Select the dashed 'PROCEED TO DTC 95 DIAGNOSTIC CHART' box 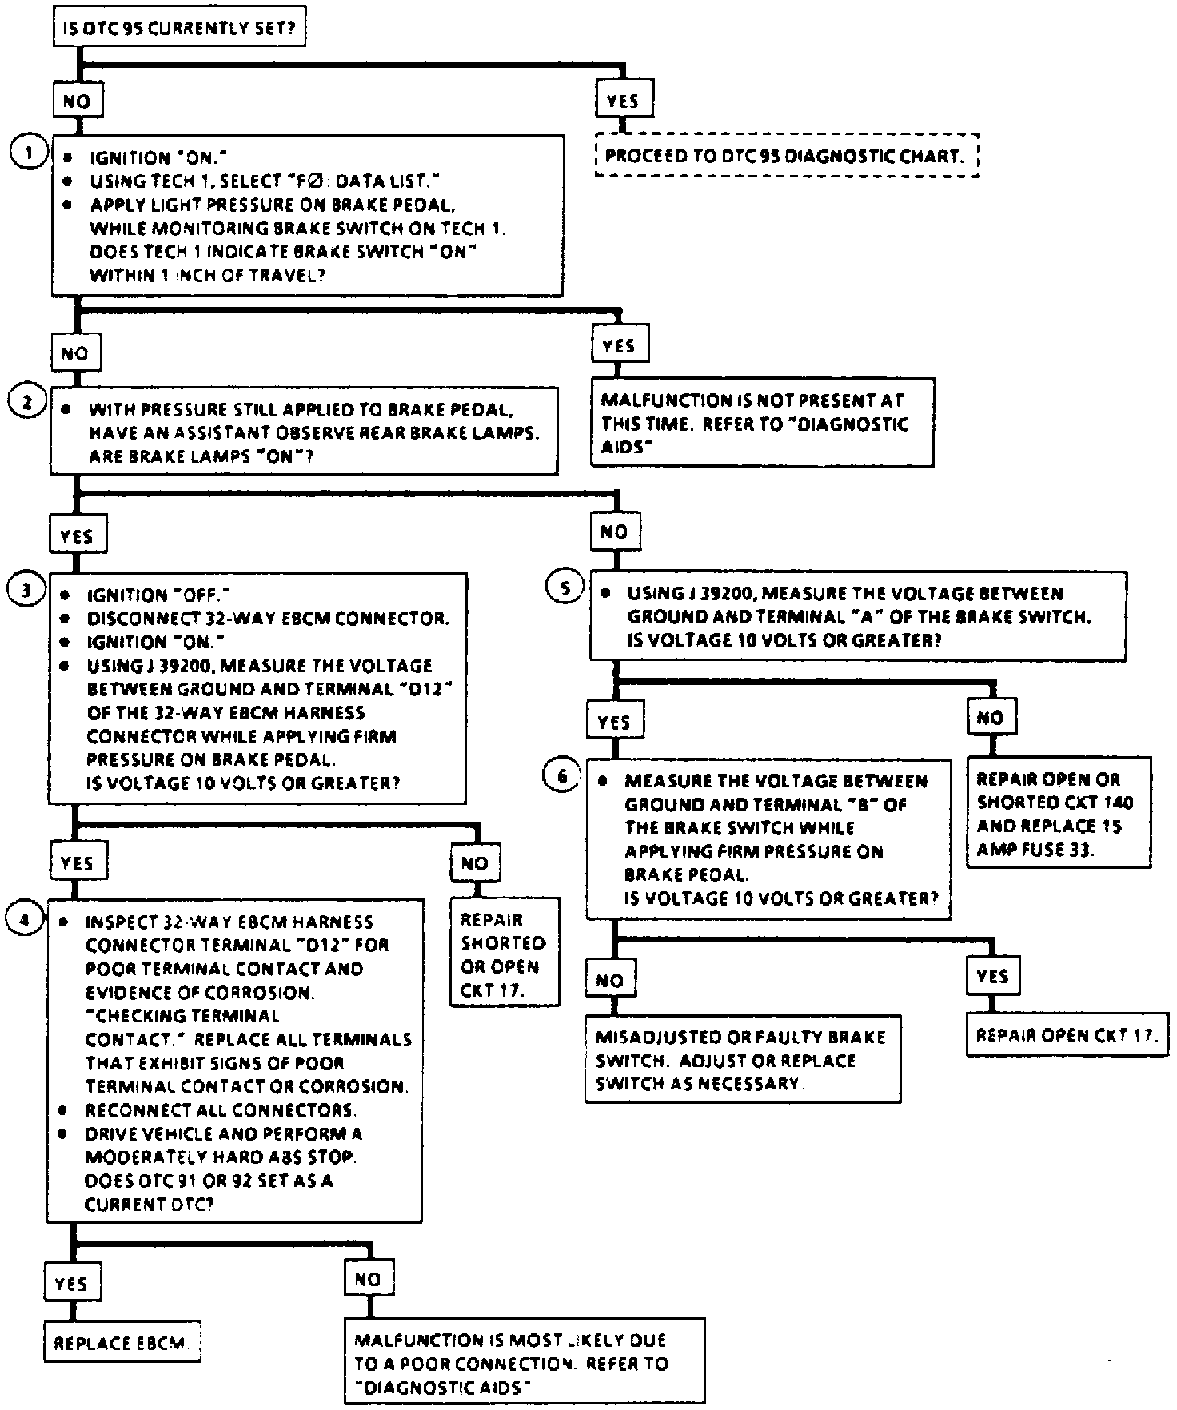point(787,155)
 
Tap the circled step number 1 point(30,151)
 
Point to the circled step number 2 point(28,401)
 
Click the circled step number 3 point(26,590)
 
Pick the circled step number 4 point(25,919)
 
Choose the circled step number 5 point(565,589)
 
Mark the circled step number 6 point(563,775)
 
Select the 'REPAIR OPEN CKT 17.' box point(1066,1036)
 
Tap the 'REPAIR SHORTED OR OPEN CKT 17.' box point(504,955)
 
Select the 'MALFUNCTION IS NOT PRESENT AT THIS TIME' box point(763,423)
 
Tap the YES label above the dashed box point(623,101)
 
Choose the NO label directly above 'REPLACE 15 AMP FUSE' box point(991,718)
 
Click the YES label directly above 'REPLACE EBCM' point(71,1285)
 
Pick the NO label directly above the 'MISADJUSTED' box point(610,980)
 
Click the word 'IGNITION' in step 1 point(127,158)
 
